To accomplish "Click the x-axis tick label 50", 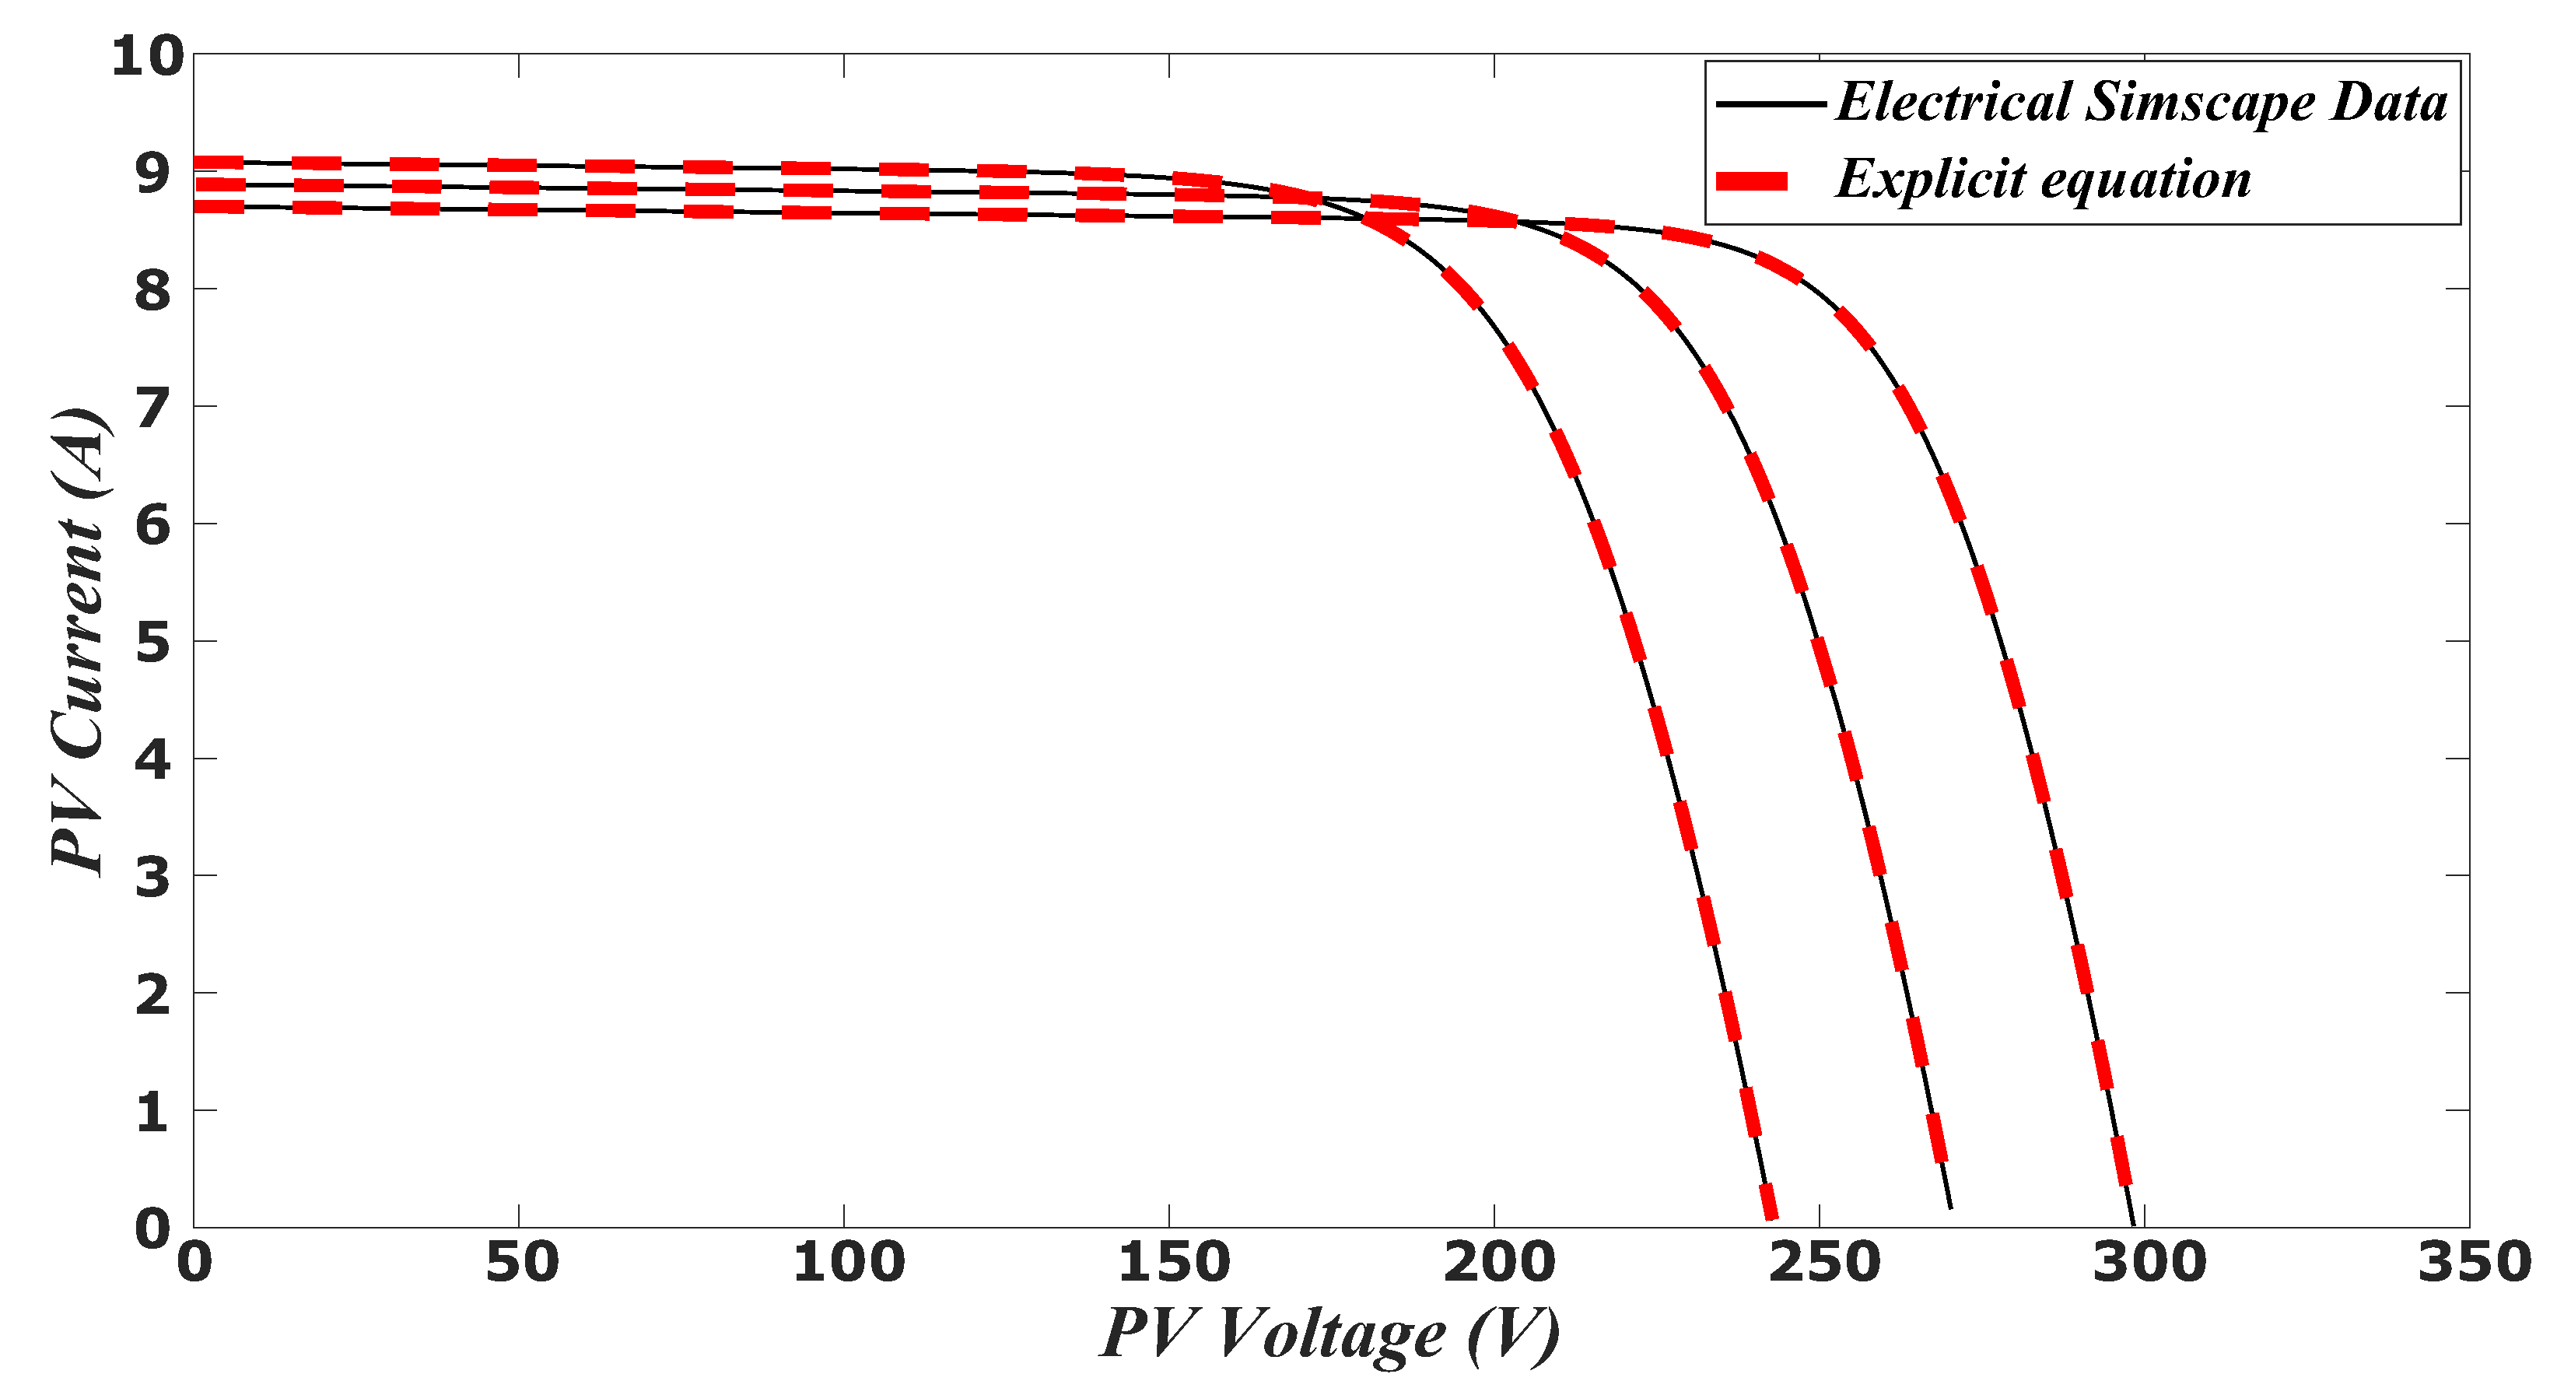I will (x=520, y=1264).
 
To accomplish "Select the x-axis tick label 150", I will (x=1173, y=1264).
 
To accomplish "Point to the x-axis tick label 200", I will (x=1497, y=1264).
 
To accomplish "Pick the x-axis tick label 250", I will (x=1823, y=1264).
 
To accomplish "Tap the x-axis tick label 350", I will (x=2474, y=1264).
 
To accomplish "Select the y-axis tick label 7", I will (x=152, y=407).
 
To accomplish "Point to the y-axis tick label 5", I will (x=152, y=643).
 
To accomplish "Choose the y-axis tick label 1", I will (x=152, y=1112).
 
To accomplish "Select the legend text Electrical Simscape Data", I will (x=2141, y=102).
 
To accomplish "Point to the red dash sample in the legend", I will (x=1751, y=181).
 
